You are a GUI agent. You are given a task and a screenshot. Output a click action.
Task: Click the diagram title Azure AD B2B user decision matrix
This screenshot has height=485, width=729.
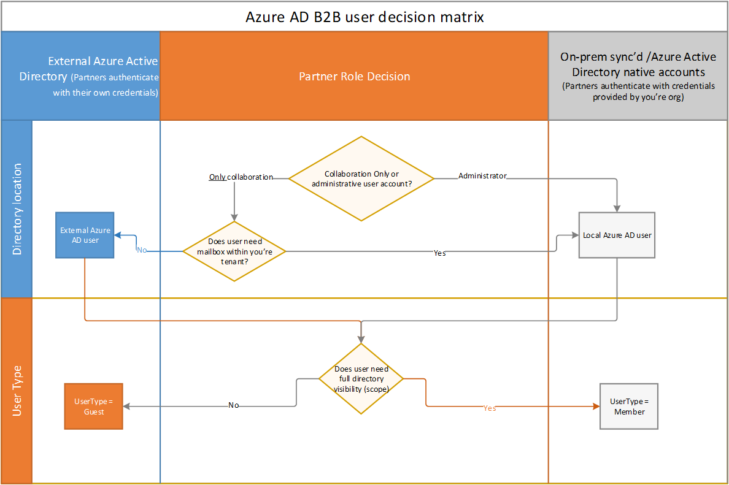click(x=364, y=17)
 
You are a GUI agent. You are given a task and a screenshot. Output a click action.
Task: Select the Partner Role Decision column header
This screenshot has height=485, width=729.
click(x=354, y=77)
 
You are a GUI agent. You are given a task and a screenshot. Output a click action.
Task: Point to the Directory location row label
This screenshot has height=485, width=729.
click(x=17, y=208)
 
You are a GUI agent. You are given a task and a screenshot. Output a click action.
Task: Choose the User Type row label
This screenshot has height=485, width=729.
click(x=17, y=391)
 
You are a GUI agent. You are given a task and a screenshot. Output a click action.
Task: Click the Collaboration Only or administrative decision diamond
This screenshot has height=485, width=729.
click(x=361, y=178)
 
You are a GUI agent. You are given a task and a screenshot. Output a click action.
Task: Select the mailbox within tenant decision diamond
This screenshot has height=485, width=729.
click(x=234, y=251)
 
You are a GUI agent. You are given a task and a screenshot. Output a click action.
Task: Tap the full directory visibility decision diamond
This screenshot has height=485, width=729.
click(x=361, y=378)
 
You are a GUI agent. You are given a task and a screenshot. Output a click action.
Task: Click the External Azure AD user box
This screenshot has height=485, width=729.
click(x=85, y=235)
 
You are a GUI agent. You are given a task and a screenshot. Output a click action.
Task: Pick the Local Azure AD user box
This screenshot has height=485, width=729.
click(x=617, y=235)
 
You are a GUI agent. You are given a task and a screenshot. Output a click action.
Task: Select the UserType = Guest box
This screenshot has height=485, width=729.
click(x=94, y=406)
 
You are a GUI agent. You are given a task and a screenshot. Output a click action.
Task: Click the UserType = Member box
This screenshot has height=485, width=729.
click(x=629, y=406)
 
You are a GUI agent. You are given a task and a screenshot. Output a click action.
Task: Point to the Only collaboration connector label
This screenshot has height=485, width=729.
click(x=241, y=177)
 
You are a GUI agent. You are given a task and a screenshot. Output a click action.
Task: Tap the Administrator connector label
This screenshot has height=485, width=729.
click(x=482, y=176)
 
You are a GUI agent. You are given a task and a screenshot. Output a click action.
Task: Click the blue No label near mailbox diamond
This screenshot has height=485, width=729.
click(x=142, y=250)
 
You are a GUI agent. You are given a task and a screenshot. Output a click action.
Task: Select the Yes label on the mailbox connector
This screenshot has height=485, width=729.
click(x=439, y=253)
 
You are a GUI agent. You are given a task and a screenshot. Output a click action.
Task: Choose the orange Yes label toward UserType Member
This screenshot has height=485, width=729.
click(x=489, y=408)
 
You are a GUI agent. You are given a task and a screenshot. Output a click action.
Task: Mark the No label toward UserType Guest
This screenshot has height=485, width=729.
click(x=233, y=405)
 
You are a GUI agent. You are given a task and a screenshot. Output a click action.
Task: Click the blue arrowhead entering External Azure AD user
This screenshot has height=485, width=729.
click(x=118, y=235)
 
